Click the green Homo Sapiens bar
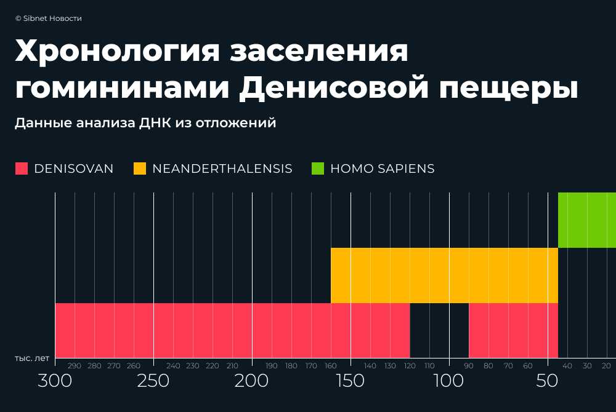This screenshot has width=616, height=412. click(586, 220)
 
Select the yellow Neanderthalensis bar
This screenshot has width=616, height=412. click(444, 275)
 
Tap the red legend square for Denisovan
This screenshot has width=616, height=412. click(22, 168)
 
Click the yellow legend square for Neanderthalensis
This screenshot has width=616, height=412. click(140, 168)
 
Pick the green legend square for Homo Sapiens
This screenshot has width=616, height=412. click(318, 168)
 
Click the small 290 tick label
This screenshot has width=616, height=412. click(75, 366)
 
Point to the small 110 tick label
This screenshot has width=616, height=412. click(429, 366)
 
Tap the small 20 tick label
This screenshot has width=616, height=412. click(606, 366)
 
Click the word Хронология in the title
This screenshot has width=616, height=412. click(117, 52)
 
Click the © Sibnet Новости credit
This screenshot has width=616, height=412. click(49, 18)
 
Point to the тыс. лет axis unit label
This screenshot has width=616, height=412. click(32, 357)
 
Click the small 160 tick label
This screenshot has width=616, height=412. click(331, 366)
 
